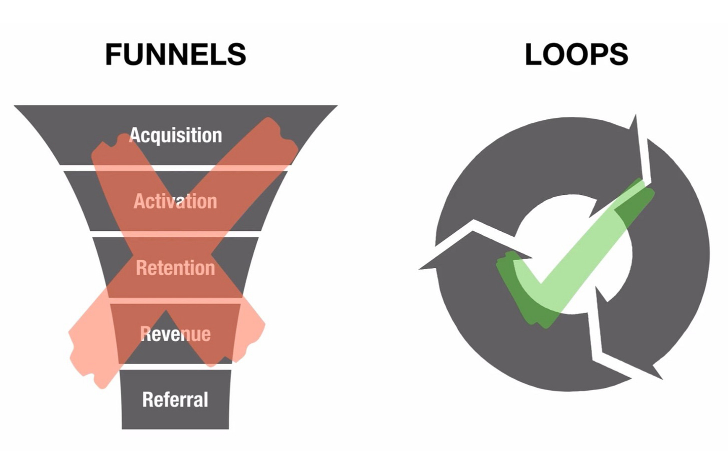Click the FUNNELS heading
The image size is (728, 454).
pyautogui.click(x=175, y=54)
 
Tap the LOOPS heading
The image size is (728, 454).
pyautogui.click(x=576, y=54)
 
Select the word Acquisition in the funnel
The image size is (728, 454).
pyautogui.click(x=175, y=135)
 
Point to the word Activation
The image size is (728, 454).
pyautogui.click(x=175, y=201)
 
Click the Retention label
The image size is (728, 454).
pyautogui.click(x=175, y=268)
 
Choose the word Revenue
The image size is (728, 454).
pyautogui.click(x=175, y=334)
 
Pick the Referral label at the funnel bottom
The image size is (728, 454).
pyautogui.click(x=175, y=400)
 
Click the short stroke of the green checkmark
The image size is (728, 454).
pyautogui.click(x=520, y=290)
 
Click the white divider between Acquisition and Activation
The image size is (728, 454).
pyautogui.click(x=175, y=168)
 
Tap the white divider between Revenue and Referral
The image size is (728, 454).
pyautogui.click(x=175, y=367)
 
